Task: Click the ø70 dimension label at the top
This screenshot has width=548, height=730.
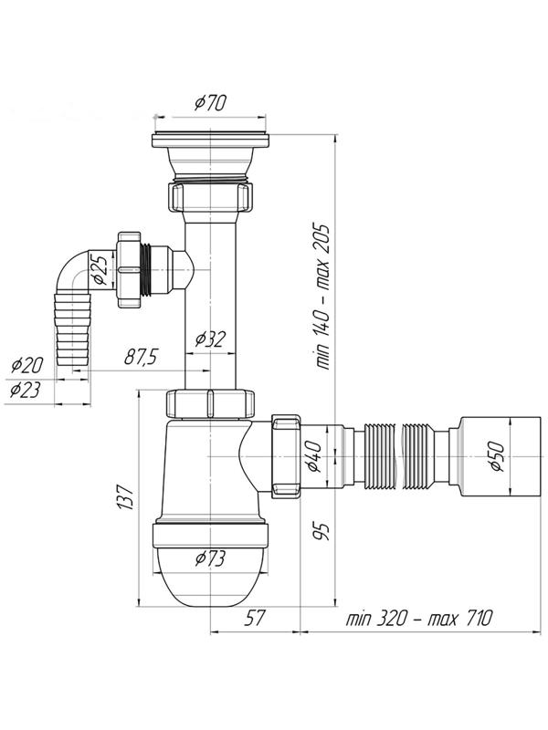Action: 210,103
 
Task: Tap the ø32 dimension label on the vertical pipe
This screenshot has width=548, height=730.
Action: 210,339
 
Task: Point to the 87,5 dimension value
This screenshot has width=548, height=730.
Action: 142,357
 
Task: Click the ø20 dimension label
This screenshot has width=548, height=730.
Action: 27,365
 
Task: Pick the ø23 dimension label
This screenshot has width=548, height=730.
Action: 26,390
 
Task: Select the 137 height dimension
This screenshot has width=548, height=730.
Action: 126,496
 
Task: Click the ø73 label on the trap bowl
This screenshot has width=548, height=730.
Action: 211,558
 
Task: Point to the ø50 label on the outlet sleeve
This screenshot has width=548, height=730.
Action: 496,457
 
